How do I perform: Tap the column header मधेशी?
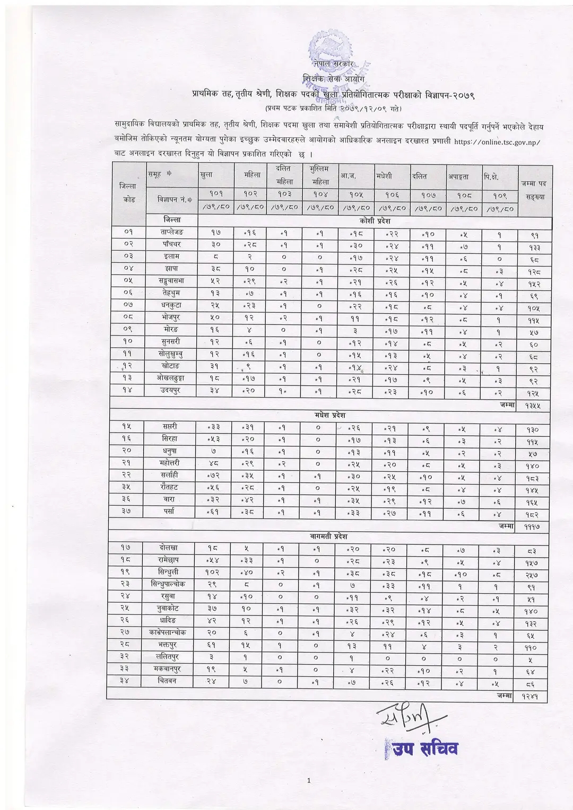tap(384, 175)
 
